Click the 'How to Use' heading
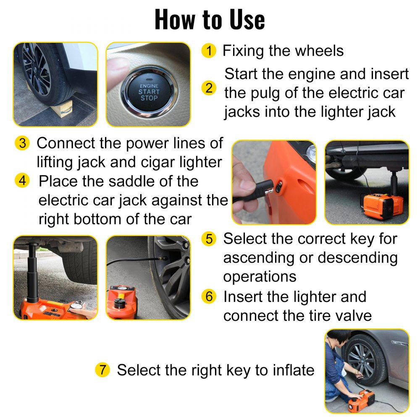210,19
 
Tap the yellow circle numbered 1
209,51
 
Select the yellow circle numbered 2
209,88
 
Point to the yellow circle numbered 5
209,239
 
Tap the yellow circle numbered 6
209,297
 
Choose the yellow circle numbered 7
102,370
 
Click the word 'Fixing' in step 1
244,51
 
